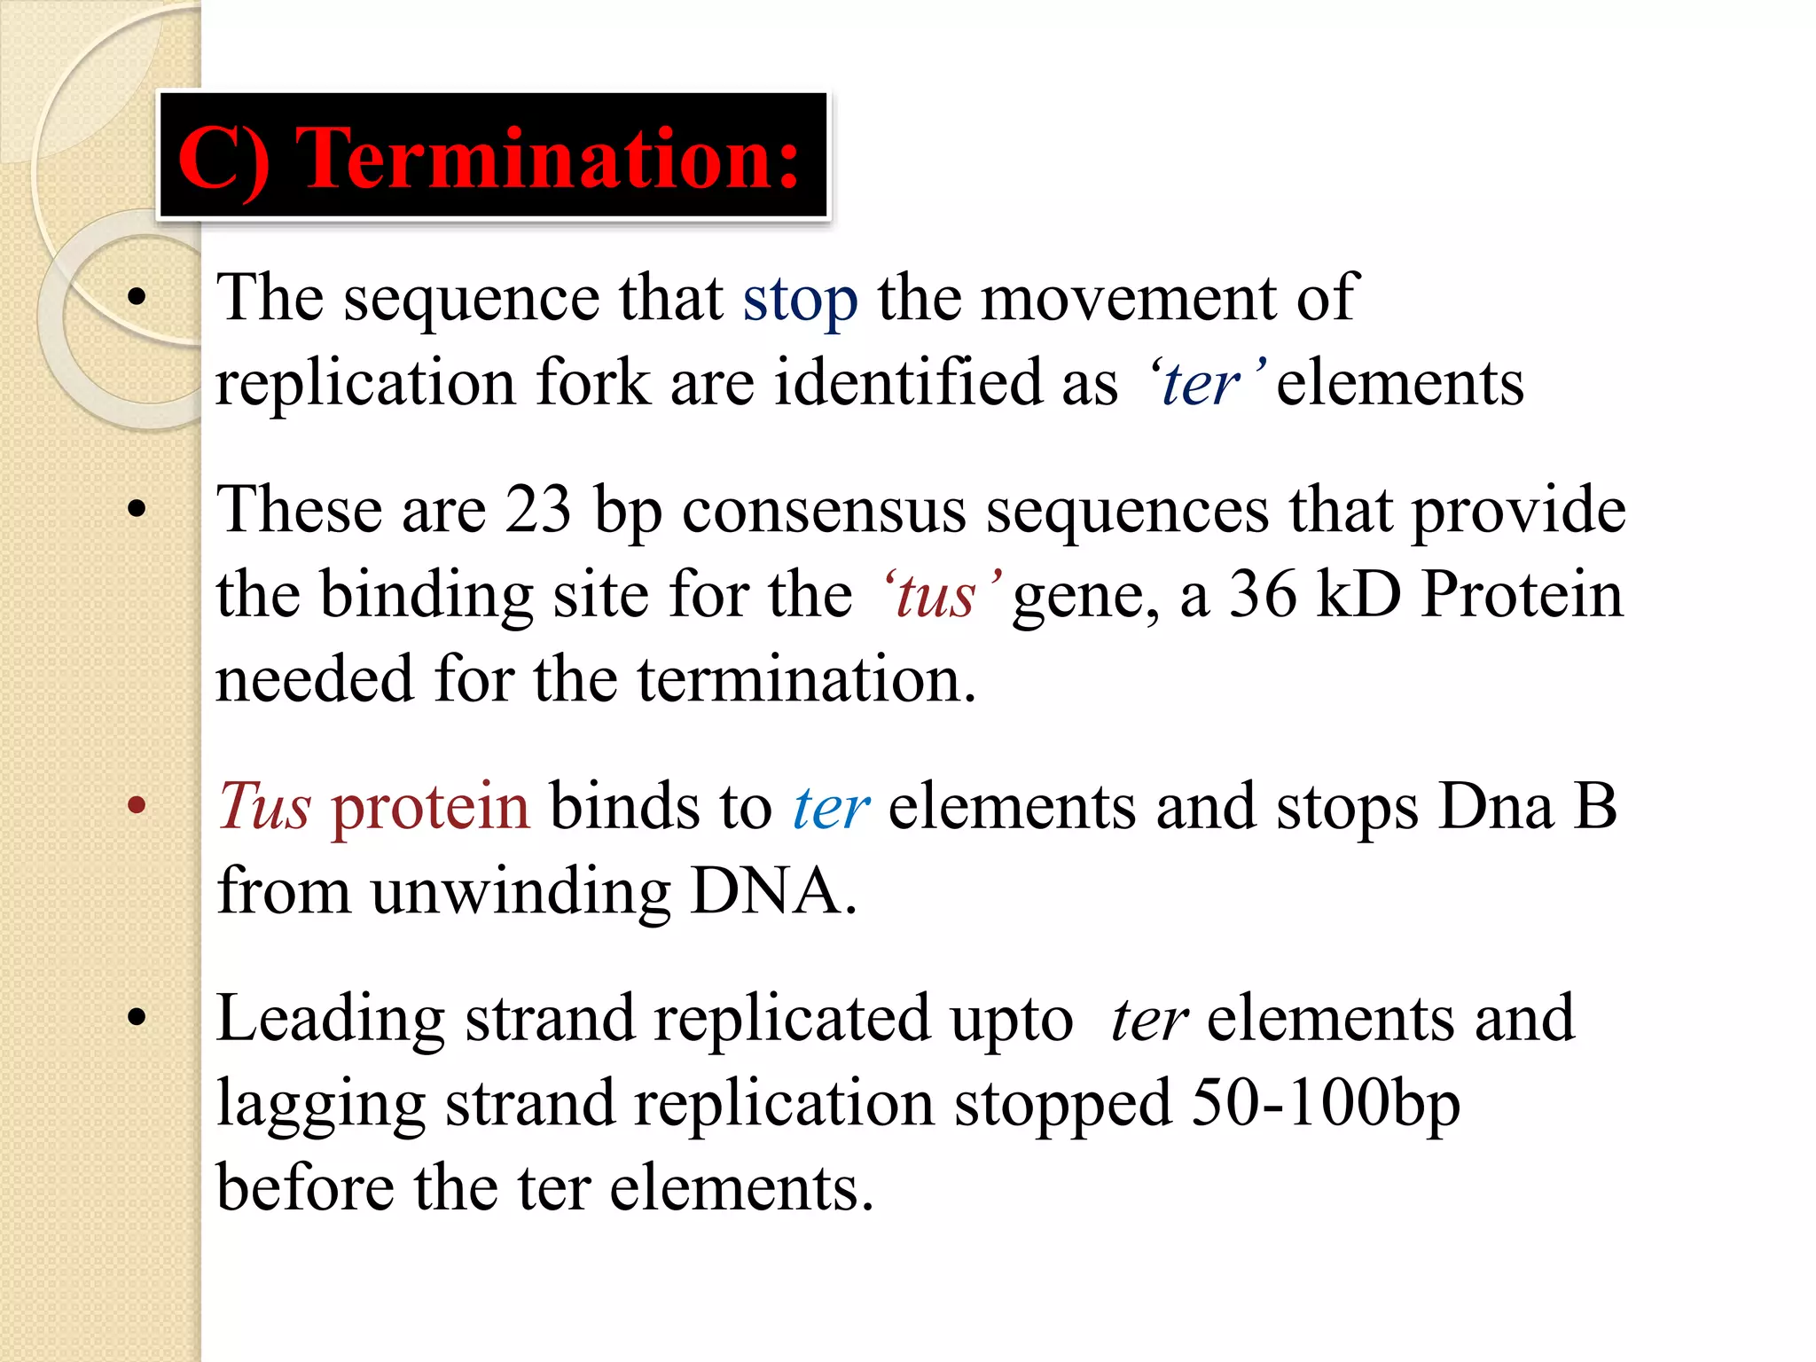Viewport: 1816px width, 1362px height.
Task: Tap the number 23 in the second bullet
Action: [538, 510]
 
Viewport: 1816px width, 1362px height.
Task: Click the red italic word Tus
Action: [264, 807]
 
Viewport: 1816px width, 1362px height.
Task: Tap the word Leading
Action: [331, 1019]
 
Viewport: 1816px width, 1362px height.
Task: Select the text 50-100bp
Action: [1325, 1104]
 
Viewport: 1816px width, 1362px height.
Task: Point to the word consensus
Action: [824, 511]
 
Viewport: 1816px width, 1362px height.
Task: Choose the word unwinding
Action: [521, 892]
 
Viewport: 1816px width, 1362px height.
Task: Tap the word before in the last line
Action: [304, 1187]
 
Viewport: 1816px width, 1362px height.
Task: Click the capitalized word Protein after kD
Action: [1522, 594]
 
